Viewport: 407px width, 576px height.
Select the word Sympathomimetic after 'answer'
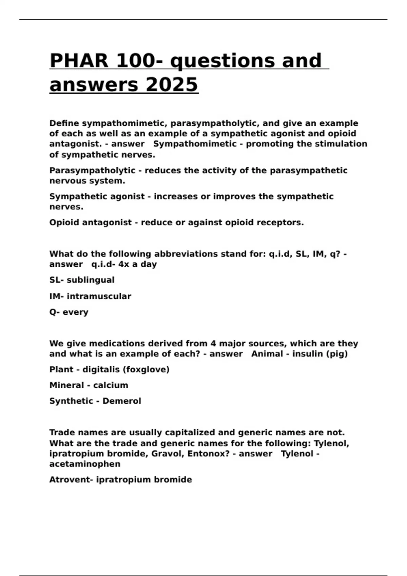[x=195, y=144]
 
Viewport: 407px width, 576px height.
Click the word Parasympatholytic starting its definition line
[x=92, y=170]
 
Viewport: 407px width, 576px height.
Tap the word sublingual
[x=91, y=280]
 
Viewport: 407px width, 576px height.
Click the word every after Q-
[x=75, y=312]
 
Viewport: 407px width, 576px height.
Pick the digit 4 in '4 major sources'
[x=213, y=344]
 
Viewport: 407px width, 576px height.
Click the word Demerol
[x=122, y=401]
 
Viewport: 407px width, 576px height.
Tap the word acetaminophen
[x=85, y=464]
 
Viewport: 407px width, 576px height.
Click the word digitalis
[x=101, y=370]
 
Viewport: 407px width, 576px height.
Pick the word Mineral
[x=66, y=386]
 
